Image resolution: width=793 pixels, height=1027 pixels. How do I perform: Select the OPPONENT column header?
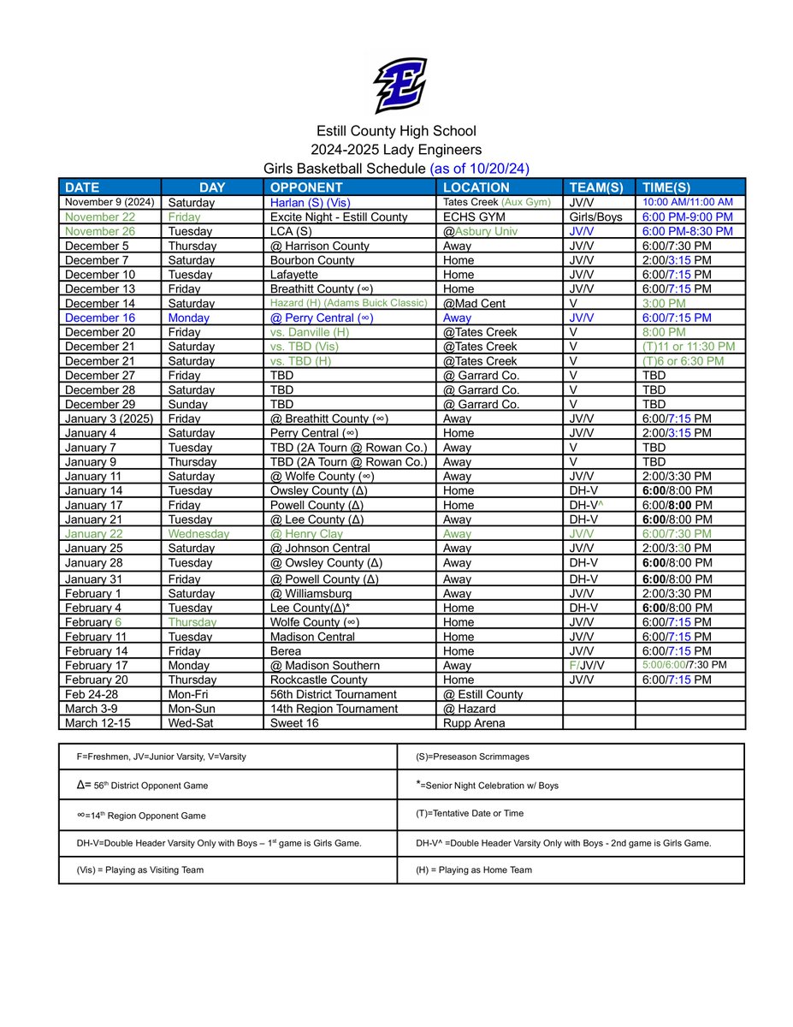pos(305,187)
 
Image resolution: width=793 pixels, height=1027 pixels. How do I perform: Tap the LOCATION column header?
pos(476,187)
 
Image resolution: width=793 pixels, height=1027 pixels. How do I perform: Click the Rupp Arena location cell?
pos(474,723)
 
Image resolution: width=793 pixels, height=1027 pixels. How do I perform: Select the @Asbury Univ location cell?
pos(480,232)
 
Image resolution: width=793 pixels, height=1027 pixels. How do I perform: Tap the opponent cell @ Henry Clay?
pos(306,534)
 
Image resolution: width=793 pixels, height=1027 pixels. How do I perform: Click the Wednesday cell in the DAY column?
pos(198,534)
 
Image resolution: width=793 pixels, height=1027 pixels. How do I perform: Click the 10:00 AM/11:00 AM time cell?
pos(689,203)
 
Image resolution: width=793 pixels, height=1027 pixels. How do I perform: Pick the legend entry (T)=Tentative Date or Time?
pos(470,814)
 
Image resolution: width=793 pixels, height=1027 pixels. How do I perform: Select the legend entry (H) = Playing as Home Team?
pos(474,870)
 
